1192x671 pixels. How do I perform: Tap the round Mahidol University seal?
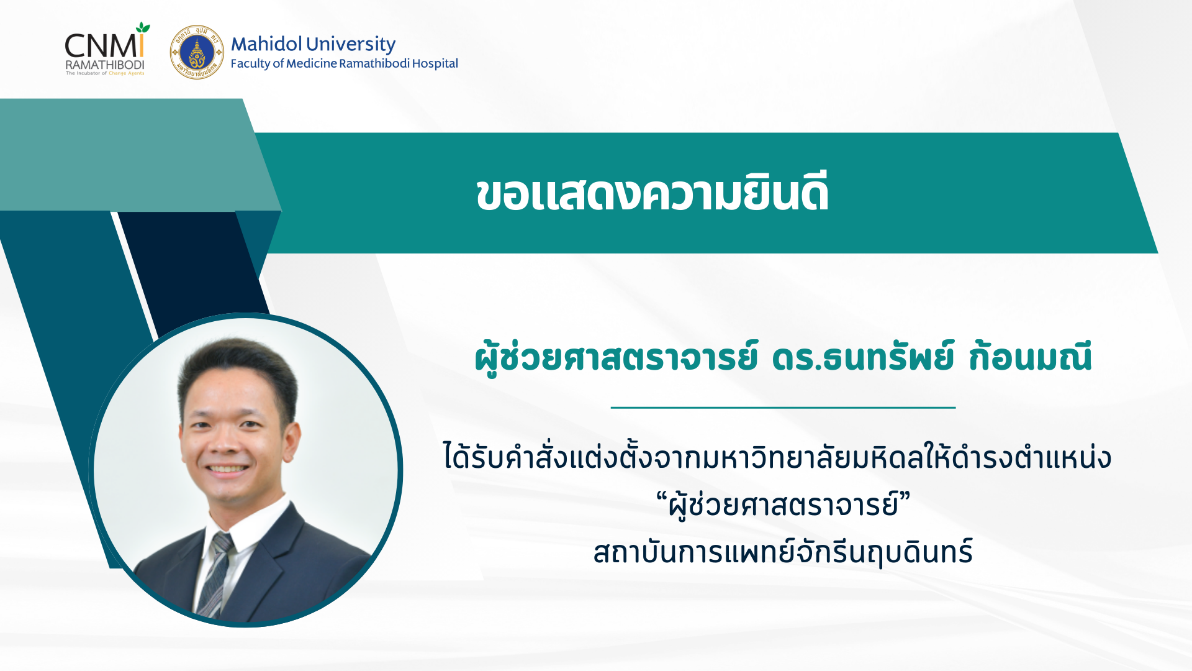pyautogui.click(x=197, y=52)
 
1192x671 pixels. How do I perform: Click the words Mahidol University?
pyautogui.click(x=313, y=44)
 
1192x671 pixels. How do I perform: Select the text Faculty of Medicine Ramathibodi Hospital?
pyautogui.click(x=344, y=63)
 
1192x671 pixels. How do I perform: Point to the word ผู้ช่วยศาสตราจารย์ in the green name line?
pyautogui.click(x=616, y=357)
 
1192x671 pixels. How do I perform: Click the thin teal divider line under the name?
pyautogui.click(x=783, y=408)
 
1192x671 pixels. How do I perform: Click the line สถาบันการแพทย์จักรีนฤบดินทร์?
pyautogui.click(x=783, y=551)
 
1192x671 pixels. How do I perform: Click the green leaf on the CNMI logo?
pyautogui.click(x=143, y=28)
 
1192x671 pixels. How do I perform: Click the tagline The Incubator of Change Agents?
pyautogui.click(x=105, y=73)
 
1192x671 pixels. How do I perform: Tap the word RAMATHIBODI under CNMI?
pyautogui.click(x=105, y=65)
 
